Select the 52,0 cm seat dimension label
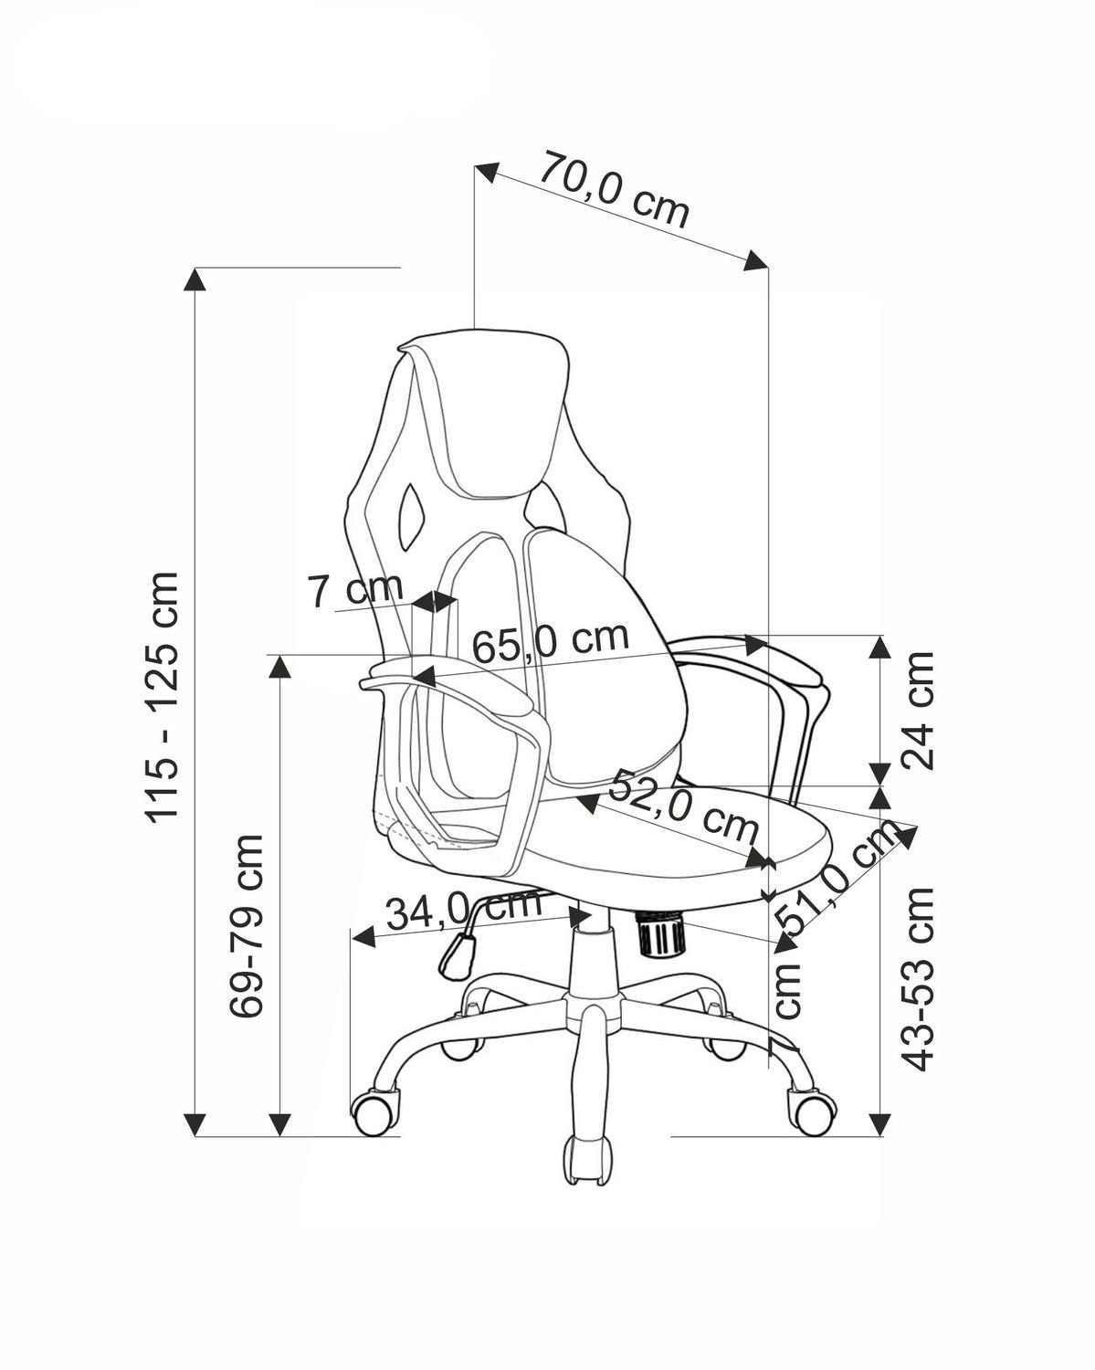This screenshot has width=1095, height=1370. click(683, 806)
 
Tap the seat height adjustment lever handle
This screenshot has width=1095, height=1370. click(456, 955)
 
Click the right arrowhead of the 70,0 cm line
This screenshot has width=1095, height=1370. click(755, 260)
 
